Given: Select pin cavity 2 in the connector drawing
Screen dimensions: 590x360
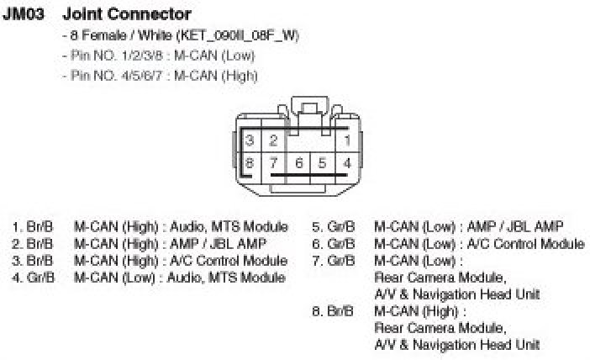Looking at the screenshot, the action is (273, 140).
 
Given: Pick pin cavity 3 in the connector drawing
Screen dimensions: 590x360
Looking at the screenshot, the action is (250, 140).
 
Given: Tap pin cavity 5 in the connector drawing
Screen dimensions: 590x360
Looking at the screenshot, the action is (322, 161).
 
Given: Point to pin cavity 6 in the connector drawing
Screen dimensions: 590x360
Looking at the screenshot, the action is (298, 161).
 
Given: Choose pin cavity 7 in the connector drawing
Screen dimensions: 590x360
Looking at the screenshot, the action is (273, 161).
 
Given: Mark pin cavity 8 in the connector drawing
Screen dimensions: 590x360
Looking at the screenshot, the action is (250, 161).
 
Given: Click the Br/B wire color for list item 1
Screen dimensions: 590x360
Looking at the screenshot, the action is (42, 226).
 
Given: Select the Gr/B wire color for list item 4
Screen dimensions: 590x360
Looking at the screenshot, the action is (42, 277).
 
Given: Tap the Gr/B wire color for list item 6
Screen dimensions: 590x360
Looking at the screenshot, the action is (341, 244).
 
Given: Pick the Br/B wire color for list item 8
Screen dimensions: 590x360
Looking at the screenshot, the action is (341, 311).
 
